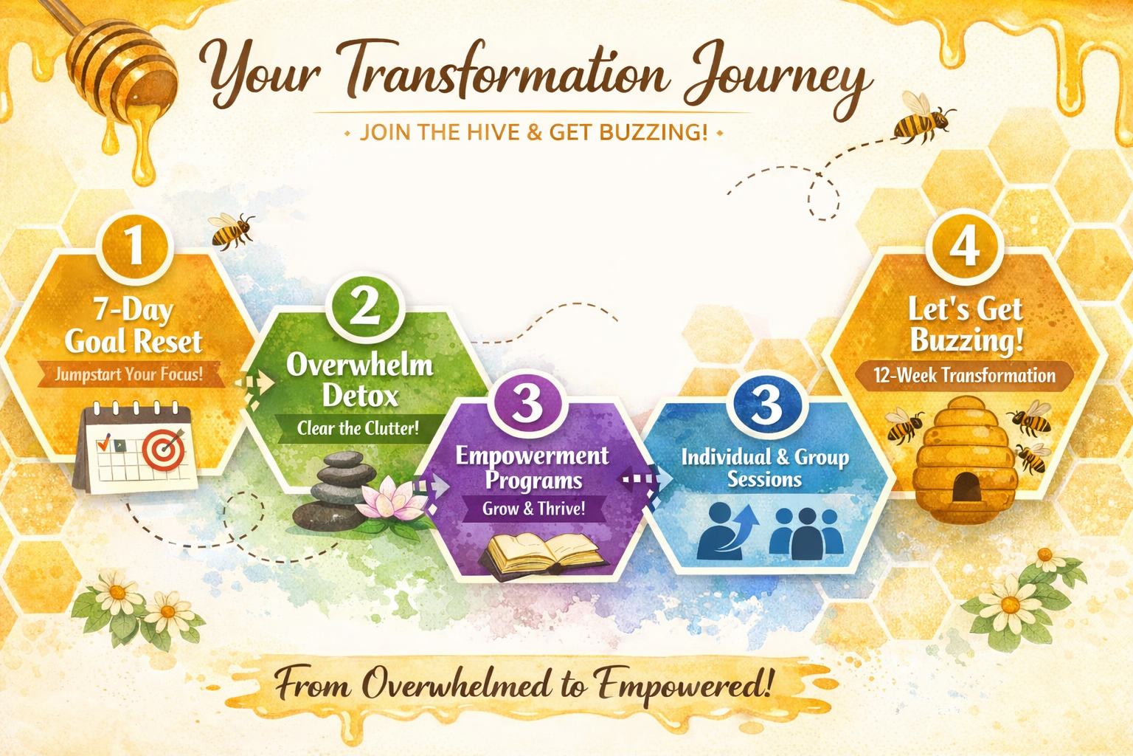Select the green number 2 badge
364,306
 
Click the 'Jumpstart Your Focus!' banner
129,374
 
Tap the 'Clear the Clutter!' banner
358,428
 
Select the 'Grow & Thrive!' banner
534,508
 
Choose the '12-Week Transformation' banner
964,375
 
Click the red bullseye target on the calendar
162,449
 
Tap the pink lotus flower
391,500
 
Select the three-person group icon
806,532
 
